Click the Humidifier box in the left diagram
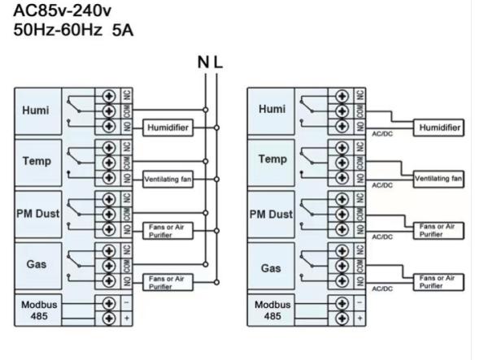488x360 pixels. [x=168, y=128]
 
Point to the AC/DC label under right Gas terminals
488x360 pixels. [x=382, y=288]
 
